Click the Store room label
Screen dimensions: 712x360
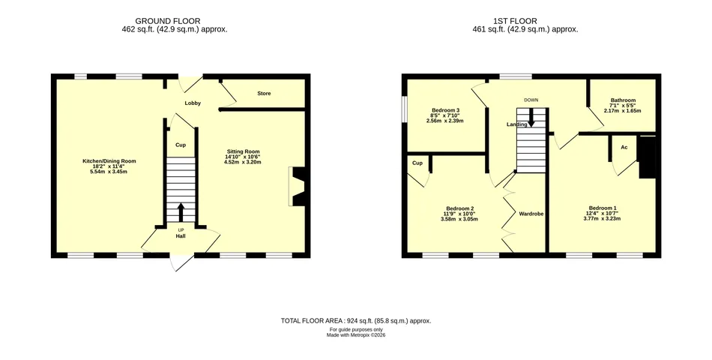click(x=264, y=93)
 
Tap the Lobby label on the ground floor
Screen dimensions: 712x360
click(x=193, y=103)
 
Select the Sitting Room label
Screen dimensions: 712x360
click(x=243, y=151)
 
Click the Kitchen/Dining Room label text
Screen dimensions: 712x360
click(x=109, y=161)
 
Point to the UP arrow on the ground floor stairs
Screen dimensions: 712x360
click(x=181, y=211)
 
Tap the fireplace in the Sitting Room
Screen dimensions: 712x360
click(x=298, y=186)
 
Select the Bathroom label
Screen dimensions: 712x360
click(x=623, y=100)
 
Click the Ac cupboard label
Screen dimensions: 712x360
click(x=624, y=147)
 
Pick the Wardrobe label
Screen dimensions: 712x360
click(x=531, y=214)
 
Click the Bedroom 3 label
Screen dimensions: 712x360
click(x=445, y=110)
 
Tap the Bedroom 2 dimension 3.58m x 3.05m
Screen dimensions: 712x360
click(x=459, y=219)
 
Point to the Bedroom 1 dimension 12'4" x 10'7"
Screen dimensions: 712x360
click(x=602, y=213)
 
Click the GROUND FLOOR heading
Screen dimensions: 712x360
click(x=168, y=21)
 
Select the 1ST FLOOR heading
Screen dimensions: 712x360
click(x=515, y=21)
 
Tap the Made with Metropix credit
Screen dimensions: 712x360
click(x=356, y=335)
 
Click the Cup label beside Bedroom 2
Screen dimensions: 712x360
click(x=417, y=163)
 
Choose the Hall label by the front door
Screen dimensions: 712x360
click(x=181, y=236)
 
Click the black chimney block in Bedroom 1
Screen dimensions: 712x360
click(x=647, y=157)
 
